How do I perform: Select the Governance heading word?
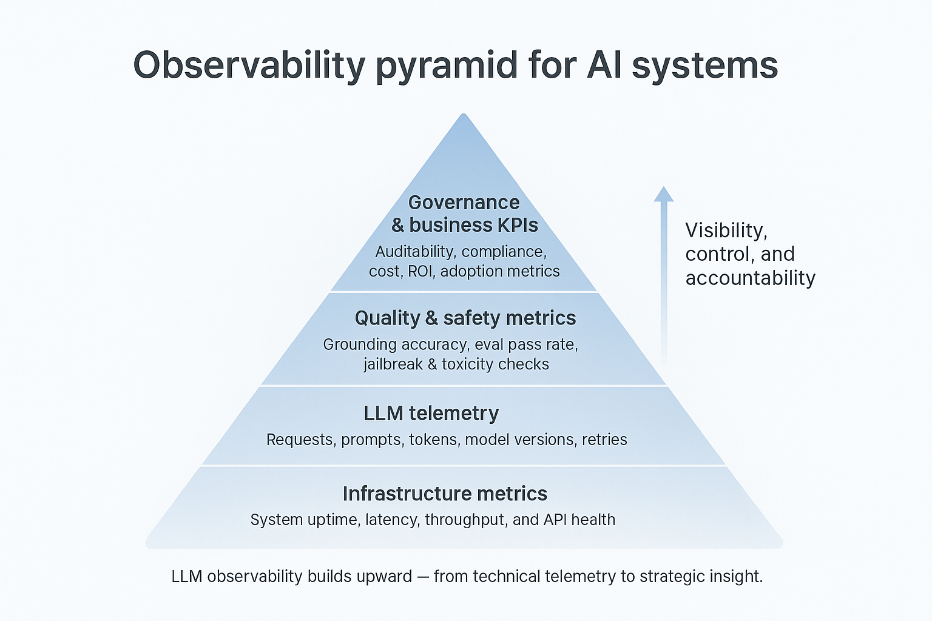tap(464, 202)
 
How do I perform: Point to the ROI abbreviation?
tap(420, 271)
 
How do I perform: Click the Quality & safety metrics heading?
tap(465, 318)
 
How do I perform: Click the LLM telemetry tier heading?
tap(431, 414)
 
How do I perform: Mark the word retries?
tap(604, 440)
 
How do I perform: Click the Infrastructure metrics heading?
tap(444, 494)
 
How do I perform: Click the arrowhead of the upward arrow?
tap(663, 194)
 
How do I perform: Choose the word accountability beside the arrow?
tap(750, 278)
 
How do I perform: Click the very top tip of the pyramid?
tap(464, 115)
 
